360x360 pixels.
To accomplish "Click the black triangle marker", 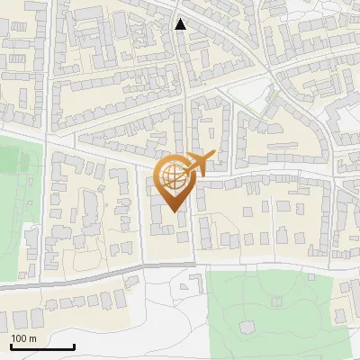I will [181, 24].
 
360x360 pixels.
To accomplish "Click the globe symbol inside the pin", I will [173, 175].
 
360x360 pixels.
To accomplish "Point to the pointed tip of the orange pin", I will [173, 211].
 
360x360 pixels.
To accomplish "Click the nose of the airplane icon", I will [212, 157].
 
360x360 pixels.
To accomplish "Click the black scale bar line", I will [42, 347].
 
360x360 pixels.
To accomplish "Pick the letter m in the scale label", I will [33, 338].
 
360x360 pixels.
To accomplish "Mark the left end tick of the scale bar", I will [11, 346].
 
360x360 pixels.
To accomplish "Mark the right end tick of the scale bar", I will [74, 346].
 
